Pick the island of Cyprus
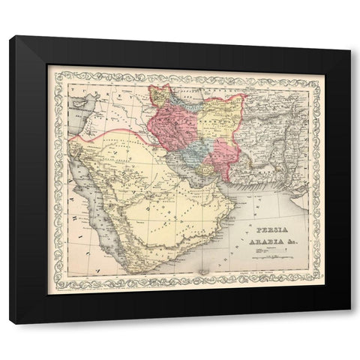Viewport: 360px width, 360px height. [78, 105]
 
